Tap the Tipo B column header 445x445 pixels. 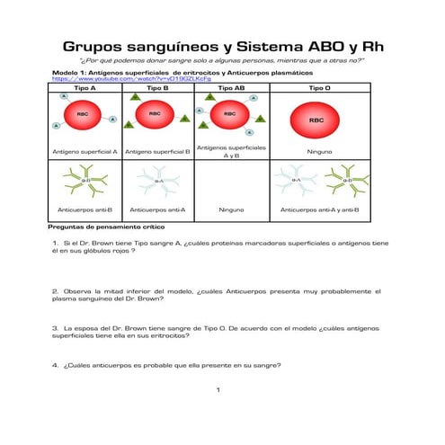pyautogui.click(x=157, y=88)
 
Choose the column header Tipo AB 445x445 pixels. pyautogui.click(x=231, y=88)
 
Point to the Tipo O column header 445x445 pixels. pyautogui.click(x=319, y=88)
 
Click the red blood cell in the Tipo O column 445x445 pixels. pyautogui.click(x=316, y=119)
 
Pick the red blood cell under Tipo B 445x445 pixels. pyautogui.click(x=155, y=114)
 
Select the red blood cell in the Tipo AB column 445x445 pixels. pyautogui.click(x=229, y=114)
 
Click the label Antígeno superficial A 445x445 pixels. pyautogui.click(x=85, y=152)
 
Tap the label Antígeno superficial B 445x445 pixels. pyautogui.click(x=158, y=152)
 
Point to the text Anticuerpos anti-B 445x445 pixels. pyautogui.click(x=85, y=209)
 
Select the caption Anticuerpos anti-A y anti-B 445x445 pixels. pyautogui.click(x=319, y=209)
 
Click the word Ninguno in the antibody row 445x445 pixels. pyautogui.click(x=231, y=209)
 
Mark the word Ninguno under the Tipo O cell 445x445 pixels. pyautogui.click(x=319, y=152)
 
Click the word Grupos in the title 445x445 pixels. pyautogui.click(x=99, y=47)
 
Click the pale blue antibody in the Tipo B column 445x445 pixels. pyautogui.click(x=158, y=182)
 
